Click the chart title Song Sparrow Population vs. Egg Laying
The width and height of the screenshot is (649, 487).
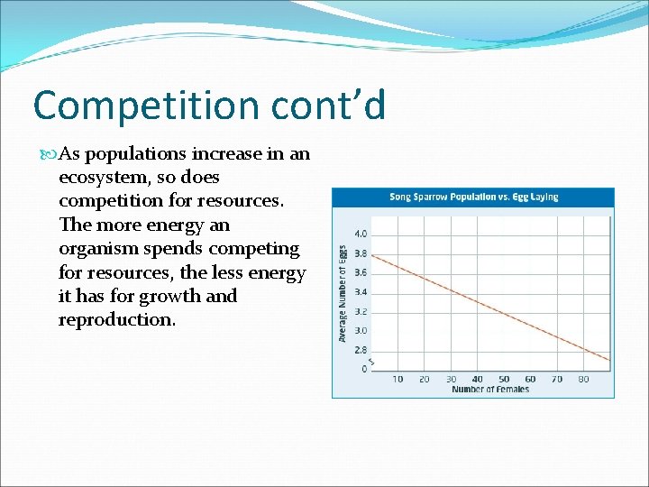[x=473, y=197]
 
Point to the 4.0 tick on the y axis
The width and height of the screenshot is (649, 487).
[x=359, y=234]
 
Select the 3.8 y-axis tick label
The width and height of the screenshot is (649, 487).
[x=359, y=253]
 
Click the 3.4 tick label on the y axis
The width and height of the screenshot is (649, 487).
[x=359, y=292]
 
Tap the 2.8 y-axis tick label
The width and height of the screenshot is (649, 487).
[x=359, y=350]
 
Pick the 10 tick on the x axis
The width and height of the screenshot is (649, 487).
[x=398, y=379]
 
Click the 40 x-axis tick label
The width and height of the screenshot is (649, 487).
[x=477, y=379]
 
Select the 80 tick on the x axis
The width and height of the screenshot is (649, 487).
[x=583, y=379]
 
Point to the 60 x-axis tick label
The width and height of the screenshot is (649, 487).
[x=530, y=379]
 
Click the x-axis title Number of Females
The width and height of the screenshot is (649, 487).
[x=490, y=390]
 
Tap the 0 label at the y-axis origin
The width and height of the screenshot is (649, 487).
[x=364, y=369]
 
